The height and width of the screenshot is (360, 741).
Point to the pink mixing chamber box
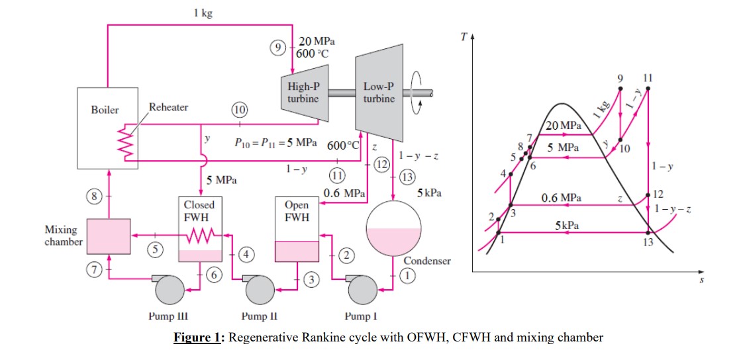109,236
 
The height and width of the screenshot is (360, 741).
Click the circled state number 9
279,48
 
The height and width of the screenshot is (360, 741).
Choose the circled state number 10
239,109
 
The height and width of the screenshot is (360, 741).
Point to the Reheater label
168,107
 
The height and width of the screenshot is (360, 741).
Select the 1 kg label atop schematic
203,13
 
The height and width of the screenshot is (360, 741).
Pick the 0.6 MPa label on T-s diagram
562,198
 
